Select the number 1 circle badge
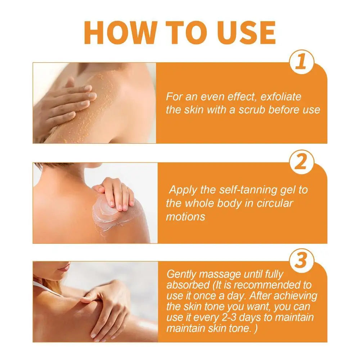click(302, 62)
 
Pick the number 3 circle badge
click(302, 260)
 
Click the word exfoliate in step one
click(281, 97)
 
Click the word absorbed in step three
click(187, 285)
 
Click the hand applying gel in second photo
click(115, 193)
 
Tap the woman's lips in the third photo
click(65, 268)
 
